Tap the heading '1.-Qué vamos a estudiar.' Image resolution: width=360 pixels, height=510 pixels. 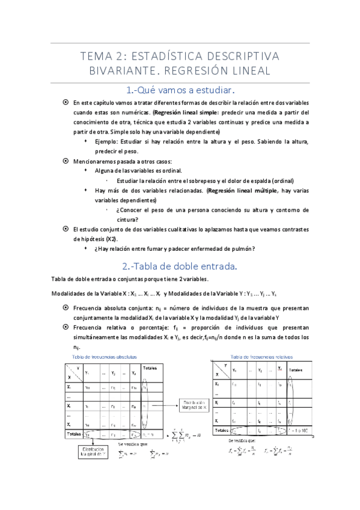pos(180,90)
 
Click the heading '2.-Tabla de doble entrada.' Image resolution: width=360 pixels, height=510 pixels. pos(180,266)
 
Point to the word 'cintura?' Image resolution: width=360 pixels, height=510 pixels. pos(129,220)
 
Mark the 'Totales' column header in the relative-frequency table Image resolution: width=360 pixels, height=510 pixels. pos(297,370)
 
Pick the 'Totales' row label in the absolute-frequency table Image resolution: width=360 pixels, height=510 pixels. pos(73,433)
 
